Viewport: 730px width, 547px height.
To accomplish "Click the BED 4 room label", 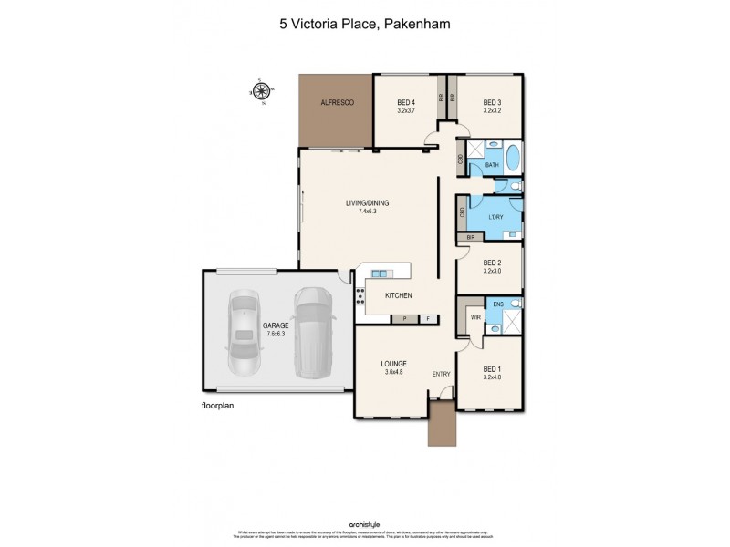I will click(x=406, y=103).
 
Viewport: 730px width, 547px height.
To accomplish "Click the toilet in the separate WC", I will click(x=515, y=187).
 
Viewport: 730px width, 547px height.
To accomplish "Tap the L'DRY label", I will click(x=495, y=217).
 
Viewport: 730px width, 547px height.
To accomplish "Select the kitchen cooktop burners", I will click(x=361, y=295).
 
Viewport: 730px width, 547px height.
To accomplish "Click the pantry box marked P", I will click(x=402, y=319).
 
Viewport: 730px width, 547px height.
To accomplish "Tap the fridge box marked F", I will click(x=426, y=319).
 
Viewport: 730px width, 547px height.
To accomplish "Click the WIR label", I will click(x=475, y=317).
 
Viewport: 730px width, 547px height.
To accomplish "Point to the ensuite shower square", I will click(x=512, y=322).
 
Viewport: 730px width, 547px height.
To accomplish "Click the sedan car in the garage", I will click(x=244, y=335).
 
